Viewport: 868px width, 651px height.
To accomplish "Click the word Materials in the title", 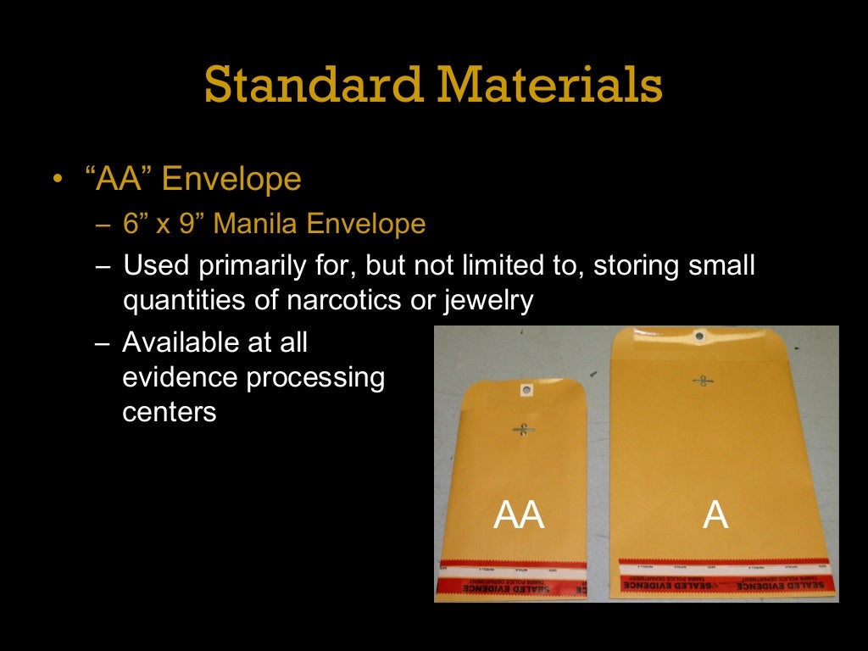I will pos(550,85).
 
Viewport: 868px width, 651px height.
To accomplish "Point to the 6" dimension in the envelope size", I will pos(135,224).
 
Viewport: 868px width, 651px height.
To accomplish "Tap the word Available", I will pos(181,342).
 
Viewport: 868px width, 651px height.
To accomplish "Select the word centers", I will pos(170,412).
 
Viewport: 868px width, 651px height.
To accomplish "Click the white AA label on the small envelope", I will pos(519,515).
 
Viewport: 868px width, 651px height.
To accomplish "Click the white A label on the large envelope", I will pos(715,515).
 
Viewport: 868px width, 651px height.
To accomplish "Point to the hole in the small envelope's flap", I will pos(526,391).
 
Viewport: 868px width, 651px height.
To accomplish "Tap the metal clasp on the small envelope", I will pos(523,429).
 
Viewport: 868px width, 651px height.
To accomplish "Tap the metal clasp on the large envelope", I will pos(702,381).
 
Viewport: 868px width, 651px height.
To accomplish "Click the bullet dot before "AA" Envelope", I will pos(57,181).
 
